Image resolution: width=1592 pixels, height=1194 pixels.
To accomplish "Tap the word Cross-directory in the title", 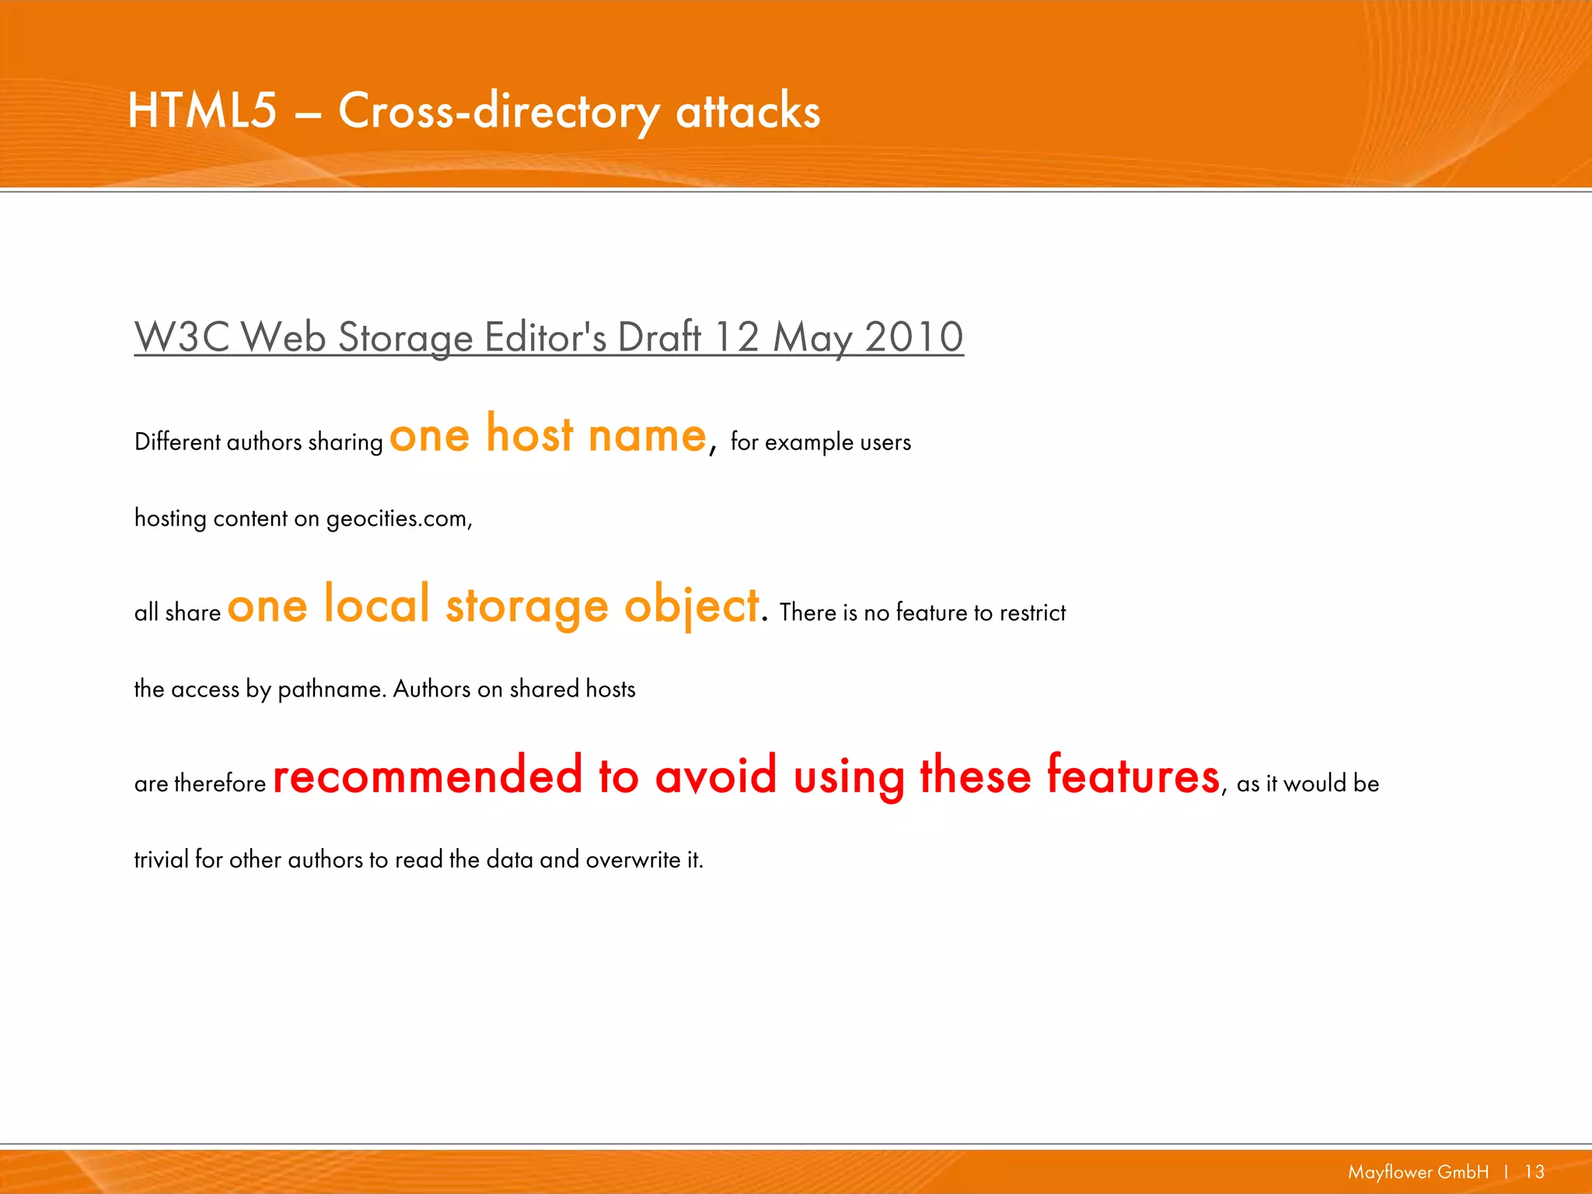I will point(498,111).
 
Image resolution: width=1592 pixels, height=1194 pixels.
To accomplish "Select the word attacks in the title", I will point(748,111).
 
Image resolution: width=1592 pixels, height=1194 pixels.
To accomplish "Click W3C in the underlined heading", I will point(182,337).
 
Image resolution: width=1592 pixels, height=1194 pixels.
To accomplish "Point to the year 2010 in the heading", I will point(913,337).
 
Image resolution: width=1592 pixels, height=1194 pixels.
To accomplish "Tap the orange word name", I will point(647,435).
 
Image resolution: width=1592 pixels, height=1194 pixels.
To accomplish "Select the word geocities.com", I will point(398,518).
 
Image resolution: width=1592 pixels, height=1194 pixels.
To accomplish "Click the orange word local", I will point(376,605).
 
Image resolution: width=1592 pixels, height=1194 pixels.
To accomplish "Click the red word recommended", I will point(428,775).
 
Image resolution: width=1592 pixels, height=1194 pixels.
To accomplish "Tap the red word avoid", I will point(715,775).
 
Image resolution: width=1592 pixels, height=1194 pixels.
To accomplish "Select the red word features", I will point(1133,775).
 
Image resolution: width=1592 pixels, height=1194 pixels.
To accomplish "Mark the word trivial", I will point(161,860).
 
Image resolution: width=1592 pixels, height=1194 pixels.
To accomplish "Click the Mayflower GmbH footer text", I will point(1418,1172).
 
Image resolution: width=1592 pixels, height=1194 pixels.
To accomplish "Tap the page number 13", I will point(1534,1172).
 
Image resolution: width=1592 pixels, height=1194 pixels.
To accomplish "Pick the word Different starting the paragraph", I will point(177,442).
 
